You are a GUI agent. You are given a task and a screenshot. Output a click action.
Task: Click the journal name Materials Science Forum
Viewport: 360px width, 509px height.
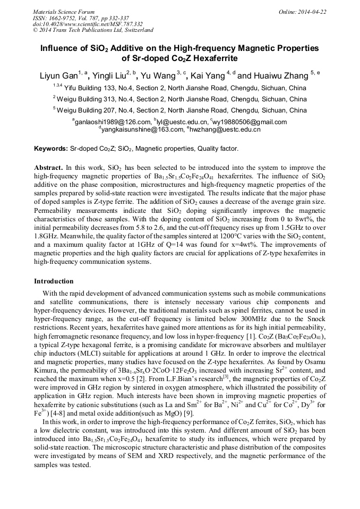pyautogui.click(x=64, y=12)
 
